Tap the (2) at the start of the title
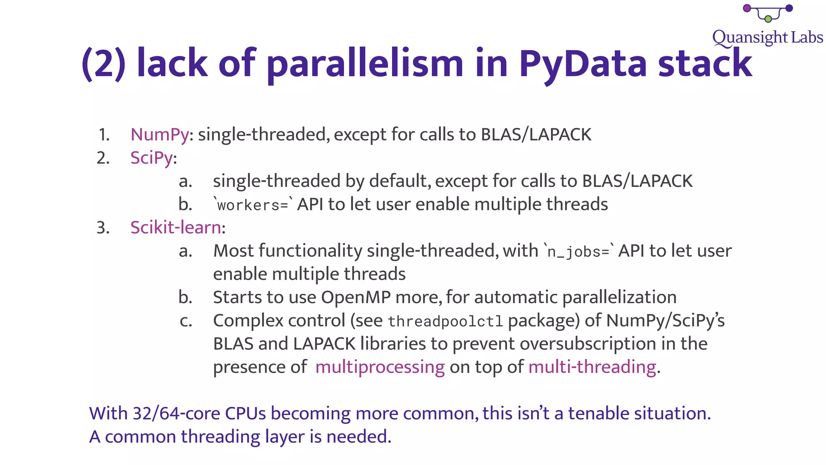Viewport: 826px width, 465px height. [x=104, y=64]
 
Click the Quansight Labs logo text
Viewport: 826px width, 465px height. [x=767, y=38]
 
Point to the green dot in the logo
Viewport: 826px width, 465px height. [x=768, y=19]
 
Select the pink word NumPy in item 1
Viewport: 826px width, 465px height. [x=159, y=134]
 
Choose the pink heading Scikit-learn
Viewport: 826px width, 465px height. [x=176, y=228]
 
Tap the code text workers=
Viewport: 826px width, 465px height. [x=252, y=205]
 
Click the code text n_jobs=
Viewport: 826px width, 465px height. [x=578, y=251]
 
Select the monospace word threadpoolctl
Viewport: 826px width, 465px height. [x=445, y=321]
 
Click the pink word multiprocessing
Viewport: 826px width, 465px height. [x=380, y=367]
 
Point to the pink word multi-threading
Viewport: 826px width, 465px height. [x=592, y=367]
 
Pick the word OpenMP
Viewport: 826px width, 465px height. [x=356, y=297]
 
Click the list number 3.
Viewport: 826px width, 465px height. [x=103, y=228]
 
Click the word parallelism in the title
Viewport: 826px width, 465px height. [x=365, y=64]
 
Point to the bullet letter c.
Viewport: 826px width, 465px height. [x=186, y=321]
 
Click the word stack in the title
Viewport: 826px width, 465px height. [x=705, y=64]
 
